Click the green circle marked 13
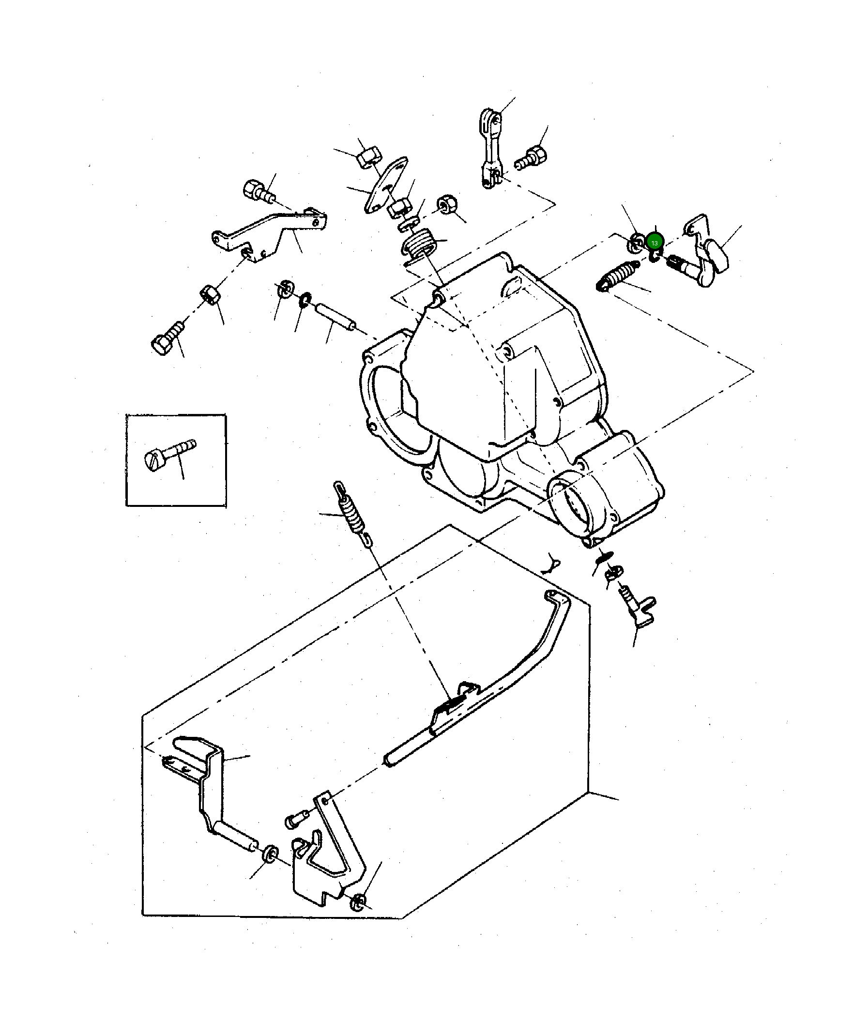[655, 243]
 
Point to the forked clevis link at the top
[490, 148]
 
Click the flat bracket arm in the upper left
[270, 231]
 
